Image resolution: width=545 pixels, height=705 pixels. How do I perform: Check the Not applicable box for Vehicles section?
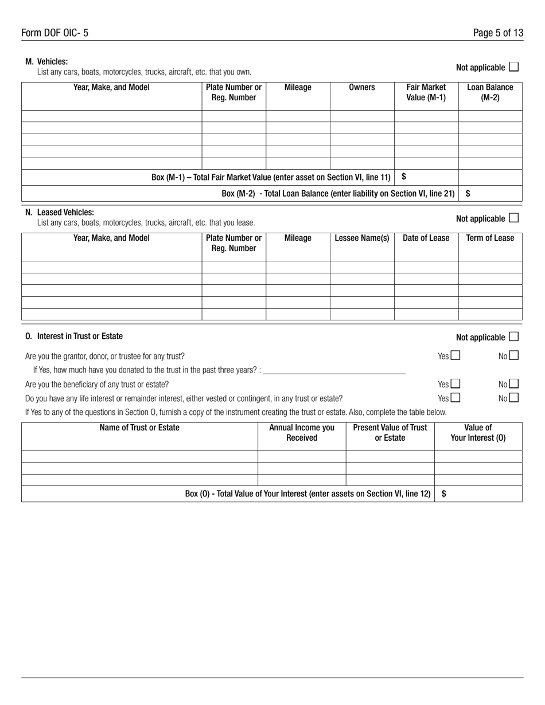(x=513, y=67)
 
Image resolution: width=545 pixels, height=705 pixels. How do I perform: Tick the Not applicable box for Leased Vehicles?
(x=513, y=218)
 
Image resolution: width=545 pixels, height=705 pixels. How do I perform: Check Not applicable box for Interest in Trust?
(x=513, y=336)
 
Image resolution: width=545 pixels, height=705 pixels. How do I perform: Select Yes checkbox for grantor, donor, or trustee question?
(x=456, y=355)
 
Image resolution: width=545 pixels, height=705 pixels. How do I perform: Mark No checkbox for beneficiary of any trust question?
(x=513, y=384)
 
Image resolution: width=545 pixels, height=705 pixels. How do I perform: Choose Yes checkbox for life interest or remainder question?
(x=456, y=398)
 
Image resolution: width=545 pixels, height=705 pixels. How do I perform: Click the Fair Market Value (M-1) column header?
(x=426, y=92)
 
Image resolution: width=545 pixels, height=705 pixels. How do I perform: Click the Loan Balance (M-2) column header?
(x=490, y=92)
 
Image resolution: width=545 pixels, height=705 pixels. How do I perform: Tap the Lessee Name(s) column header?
(x=361, y=238)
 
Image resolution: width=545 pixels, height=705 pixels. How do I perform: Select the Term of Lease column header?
(x=490, y=238)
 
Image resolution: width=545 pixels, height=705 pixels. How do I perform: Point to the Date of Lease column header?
(x=426, y=238)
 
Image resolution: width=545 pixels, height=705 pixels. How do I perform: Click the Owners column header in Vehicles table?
(x=361, y=87)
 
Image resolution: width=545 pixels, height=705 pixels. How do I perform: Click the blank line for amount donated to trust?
(x=334, y=370)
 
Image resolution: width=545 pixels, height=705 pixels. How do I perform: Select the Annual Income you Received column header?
(x=302, y=433)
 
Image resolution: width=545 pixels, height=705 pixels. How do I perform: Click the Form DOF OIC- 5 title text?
(x=55, y=33)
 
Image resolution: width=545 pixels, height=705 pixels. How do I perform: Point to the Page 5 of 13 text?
(x=498, y=33)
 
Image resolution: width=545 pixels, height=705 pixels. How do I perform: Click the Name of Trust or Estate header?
(x=139, y=428)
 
